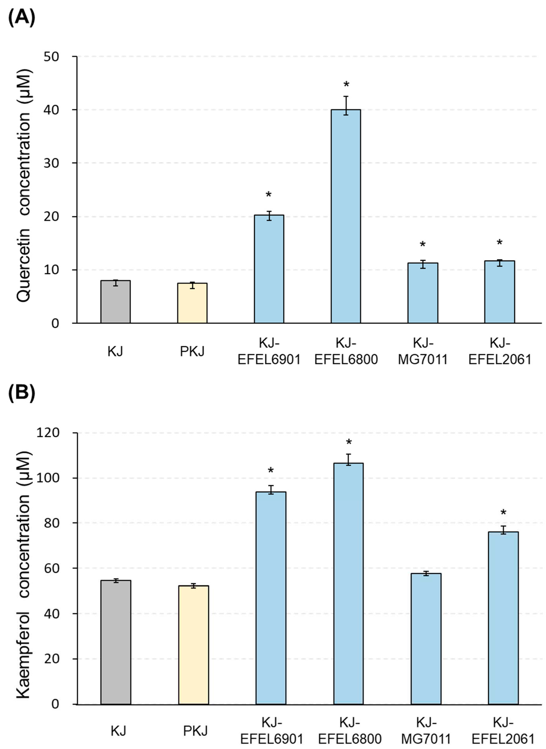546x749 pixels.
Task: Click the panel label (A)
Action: (21, 18)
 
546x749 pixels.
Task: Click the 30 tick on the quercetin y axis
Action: (51, 163)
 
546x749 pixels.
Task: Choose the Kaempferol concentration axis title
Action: (24, 575)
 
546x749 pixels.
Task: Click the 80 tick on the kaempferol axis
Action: (51, 523)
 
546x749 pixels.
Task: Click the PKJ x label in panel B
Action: (195, 731)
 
